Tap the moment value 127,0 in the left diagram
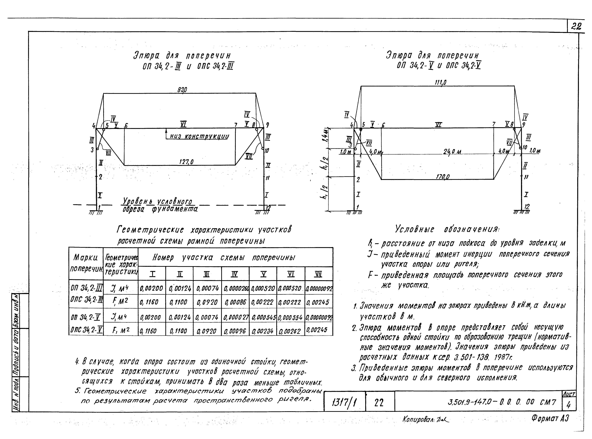click(x=186, y=162)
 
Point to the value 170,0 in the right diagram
click(x=442, y=176)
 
